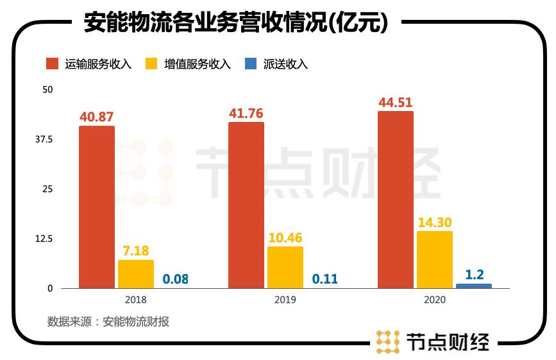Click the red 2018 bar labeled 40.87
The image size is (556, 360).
tap(97, 207)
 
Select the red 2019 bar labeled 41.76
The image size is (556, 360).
tap(246, 205)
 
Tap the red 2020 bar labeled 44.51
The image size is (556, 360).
tap(396, 200)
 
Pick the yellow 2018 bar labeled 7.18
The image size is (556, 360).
tap(136, 274)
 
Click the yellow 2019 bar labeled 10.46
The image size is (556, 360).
tap(285, 267)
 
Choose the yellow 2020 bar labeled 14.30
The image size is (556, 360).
tap(435, 259)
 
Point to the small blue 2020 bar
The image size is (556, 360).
tap(474, 286)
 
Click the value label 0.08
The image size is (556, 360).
tap(175, 279)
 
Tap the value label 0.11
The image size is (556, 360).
tap(324, 279)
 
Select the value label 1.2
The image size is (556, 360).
tap(474, 275)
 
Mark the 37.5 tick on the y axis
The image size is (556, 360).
tap(44, 139)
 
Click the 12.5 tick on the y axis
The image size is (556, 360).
tap(44, 239)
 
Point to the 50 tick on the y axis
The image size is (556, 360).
tap(47, 89)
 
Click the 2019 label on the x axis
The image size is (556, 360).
tap(285, 300)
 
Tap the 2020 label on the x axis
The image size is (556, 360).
tap(435, 300)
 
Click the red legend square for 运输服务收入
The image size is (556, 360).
tap(53, 64)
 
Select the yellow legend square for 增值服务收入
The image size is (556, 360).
tap(152, 64)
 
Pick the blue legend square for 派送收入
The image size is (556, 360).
tap(251, 64)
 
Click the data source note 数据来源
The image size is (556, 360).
tap(108, 321)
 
